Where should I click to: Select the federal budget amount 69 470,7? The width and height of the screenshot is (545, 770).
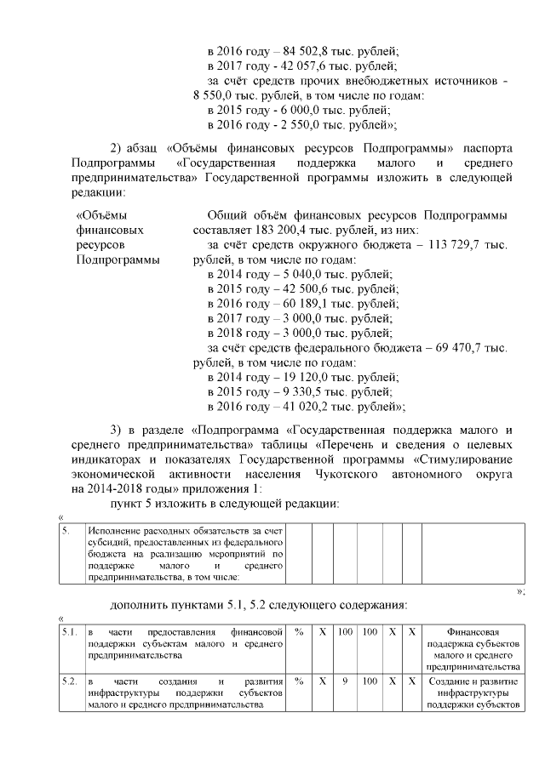click(x=469, y=348)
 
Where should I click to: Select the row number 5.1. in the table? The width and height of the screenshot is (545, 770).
click(x=70, y=633)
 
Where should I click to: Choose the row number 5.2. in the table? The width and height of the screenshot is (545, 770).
click(x=70, y=682)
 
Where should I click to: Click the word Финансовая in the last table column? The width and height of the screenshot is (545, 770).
click(x=472, y=633)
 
